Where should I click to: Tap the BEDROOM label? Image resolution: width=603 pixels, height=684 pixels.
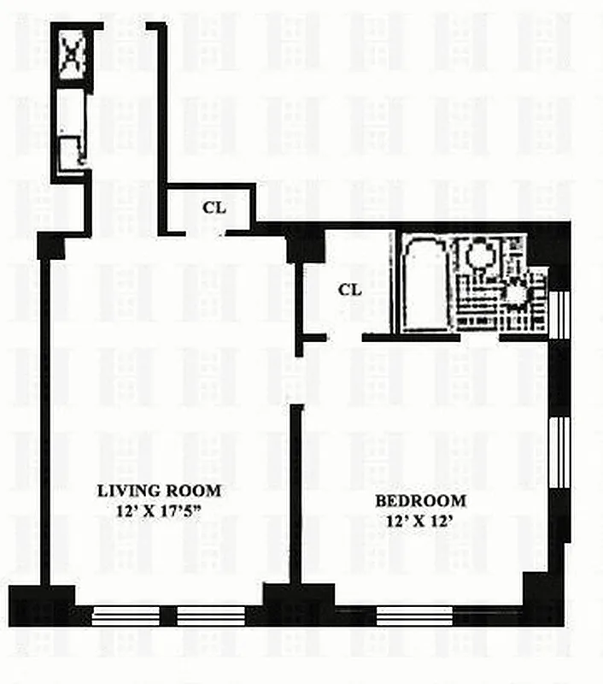tap(421, 501)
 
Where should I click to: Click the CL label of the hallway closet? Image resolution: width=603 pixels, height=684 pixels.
tap(214, 207)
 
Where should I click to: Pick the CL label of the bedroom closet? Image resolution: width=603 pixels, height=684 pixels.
tap(349, 290)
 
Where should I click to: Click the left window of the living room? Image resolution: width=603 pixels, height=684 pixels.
tap(126, 616)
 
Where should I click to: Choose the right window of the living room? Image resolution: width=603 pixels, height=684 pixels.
tap(210, 616)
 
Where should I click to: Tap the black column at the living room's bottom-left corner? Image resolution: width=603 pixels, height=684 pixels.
tap(41, 604)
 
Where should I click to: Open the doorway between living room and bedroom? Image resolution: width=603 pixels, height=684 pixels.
tap(296, 381)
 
